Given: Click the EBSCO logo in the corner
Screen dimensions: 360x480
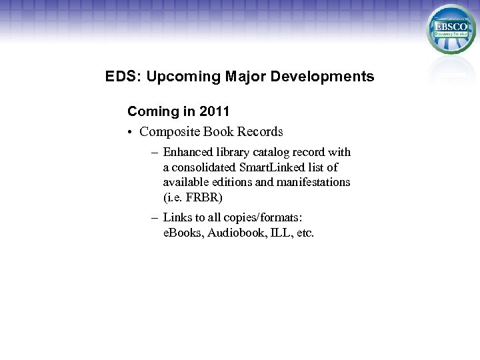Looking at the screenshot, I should click(451, 29).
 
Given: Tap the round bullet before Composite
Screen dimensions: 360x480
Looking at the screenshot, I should click(131, 132).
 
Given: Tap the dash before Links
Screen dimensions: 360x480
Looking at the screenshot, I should click(155, 217).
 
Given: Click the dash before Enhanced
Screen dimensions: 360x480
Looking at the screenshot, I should click(155, 152).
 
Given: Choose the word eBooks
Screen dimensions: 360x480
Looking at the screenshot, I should click(183, 233).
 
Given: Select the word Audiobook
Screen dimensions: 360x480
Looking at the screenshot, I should click(237, 233).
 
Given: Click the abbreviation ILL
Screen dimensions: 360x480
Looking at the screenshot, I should click(279, 233).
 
